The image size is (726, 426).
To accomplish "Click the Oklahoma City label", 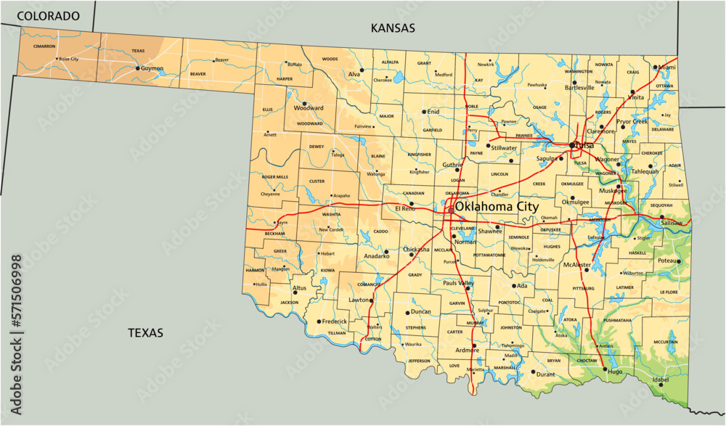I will point(497,207).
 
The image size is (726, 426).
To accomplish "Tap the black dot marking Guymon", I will point(137,68).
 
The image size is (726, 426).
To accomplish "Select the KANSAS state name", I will point(393,28).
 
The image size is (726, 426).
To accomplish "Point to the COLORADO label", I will point(49,15).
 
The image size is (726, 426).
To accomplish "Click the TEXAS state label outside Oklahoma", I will point(145,332).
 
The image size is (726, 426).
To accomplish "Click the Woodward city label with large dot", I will point(308,108).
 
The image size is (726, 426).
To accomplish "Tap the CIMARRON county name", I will point(44,46).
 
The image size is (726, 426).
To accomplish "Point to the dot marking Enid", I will point(424,112).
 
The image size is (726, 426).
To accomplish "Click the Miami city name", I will point(666,67).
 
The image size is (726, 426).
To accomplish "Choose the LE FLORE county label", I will point(668,292).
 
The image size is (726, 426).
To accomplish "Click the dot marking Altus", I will point(295,292).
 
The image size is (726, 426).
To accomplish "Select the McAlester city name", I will point(578,265).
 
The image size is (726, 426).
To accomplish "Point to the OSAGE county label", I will point(539,107).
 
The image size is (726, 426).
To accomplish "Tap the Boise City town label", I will point(68,59).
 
